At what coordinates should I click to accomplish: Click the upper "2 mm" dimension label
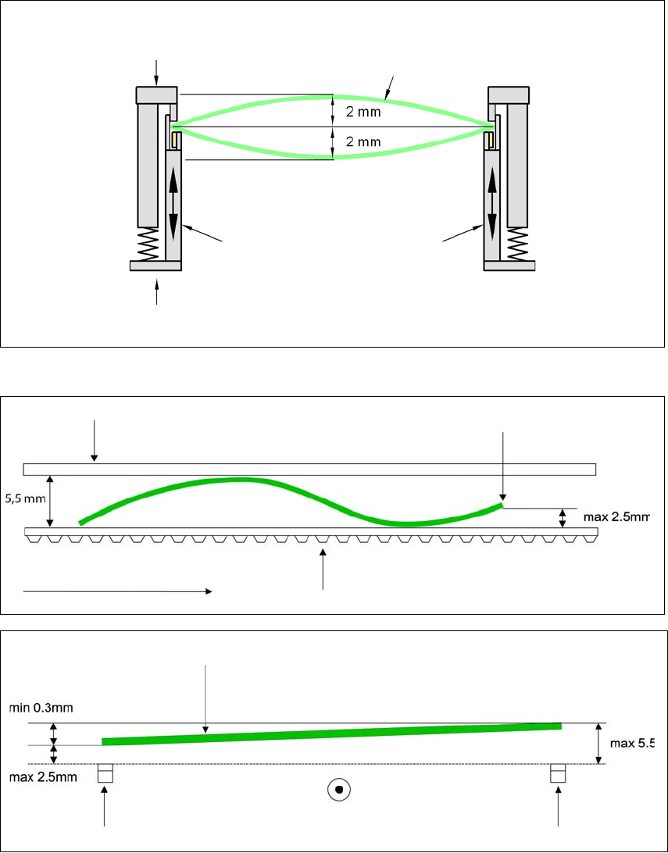click(362, 112)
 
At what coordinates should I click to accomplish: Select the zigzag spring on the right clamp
click(516, 244)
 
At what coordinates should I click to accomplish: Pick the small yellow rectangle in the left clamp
click(176, 141)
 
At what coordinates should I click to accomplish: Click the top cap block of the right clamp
click(509, 95)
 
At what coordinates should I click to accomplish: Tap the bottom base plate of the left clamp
click(155, 266)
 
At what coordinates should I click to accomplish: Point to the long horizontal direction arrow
click(117, 592)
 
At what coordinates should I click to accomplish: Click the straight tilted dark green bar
click(332, 733)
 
